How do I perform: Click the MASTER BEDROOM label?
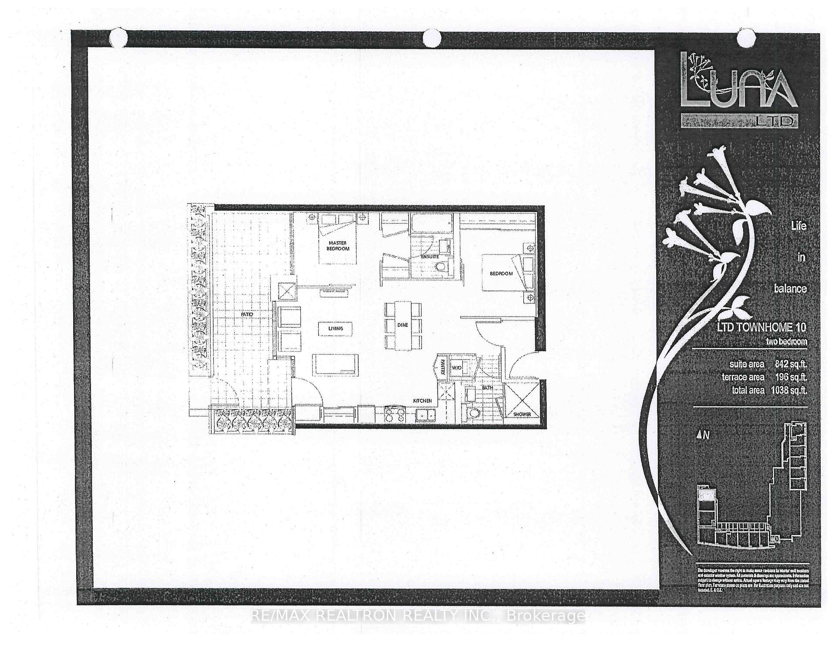(338, 246)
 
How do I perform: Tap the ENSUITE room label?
(429, 257)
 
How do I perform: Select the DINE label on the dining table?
(403, 325)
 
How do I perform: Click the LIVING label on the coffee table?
(335, 328)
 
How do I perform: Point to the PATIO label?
(247, 314)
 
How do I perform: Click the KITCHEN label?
(422, 400)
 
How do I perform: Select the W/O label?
(456, 368)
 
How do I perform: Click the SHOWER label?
(522, 414)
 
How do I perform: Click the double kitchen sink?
(425, 415)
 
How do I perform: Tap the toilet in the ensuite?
(442, 267)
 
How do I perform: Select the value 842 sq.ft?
(790, 364)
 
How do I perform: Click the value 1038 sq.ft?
(789, 390)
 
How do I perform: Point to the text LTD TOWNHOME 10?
(761, 327)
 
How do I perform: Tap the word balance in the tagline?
(790, 289)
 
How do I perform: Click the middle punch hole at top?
(432, 38)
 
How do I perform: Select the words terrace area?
(743, 377)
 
